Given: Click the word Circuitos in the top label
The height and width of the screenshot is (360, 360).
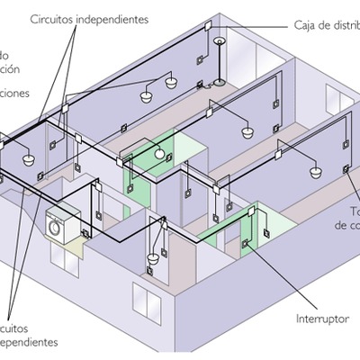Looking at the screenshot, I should [x=51, y=19].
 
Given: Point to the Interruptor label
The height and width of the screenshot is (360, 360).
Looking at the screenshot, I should [x=322, y=319].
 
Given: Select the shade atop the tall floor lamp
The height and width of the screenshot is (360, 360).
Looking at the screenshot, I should [x=219, y=41].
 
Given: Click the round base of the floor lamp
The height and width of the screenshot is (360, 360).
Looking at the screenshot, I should [x=219, y=85].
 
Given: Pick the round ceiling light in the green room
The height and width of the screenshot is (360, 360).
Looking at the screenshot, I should [x=162, y=154].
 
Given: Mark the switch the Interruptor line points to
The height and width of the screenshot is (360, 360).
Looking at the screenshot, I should [x=245, y=242].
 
